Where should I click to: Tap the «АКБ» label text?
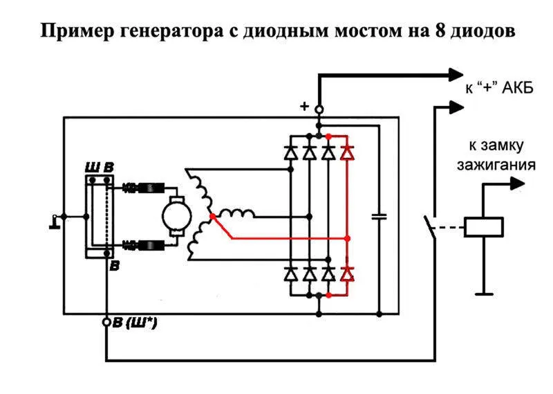point(518,87)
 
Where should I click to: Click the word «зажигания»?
point(496,165)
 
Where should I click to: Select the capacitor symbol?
point(379,216)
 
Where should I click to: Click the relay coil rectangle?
point(483,227)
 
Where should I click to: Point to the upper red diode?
point(348,152)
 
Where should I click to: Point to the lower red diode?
point(348,274)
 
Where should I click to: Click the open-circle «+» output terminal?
point(319,109)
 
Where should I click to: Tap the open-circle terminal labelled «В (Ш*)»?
point(106,322)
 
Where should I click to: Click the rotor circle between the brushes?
point(177,216)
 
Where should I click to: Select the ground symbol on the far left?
point(55,222)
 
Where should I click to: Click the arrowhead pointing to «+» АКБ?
point(456,75)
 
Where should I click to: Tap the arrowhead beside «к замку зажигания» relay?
point(518,183)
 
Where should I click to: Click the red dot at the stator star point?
point(212,216)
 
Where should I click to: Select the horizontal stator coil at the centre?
point(236,213)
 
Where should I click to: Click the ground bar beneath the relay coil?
point(484,294)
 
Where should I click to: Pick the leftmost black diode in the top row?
point(290,152)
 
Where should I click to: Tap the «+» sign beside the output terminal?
point(304,106)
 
